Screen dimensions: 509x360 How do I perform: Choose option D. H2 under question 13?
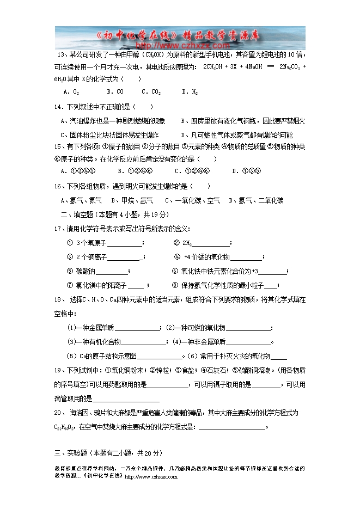coord(190,92)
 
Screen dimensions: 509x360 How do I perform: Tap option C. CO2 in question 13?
coord(151,92)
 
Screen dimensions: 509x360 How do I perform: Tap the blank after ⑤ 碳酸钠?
coord(112,272)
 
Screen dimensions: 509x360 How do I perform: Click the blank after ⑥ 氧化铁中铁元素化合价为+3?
coord(272,272)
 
